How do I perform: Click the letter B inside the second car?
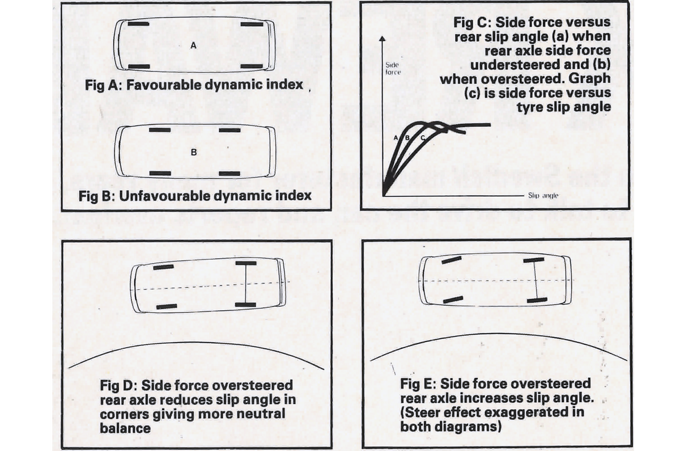[193, 152]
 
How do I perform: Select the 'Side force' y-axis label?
[393, 69]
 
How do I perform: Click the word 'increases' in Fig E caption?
[481, 398]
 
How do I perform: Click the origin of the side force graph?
[384, 195]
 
